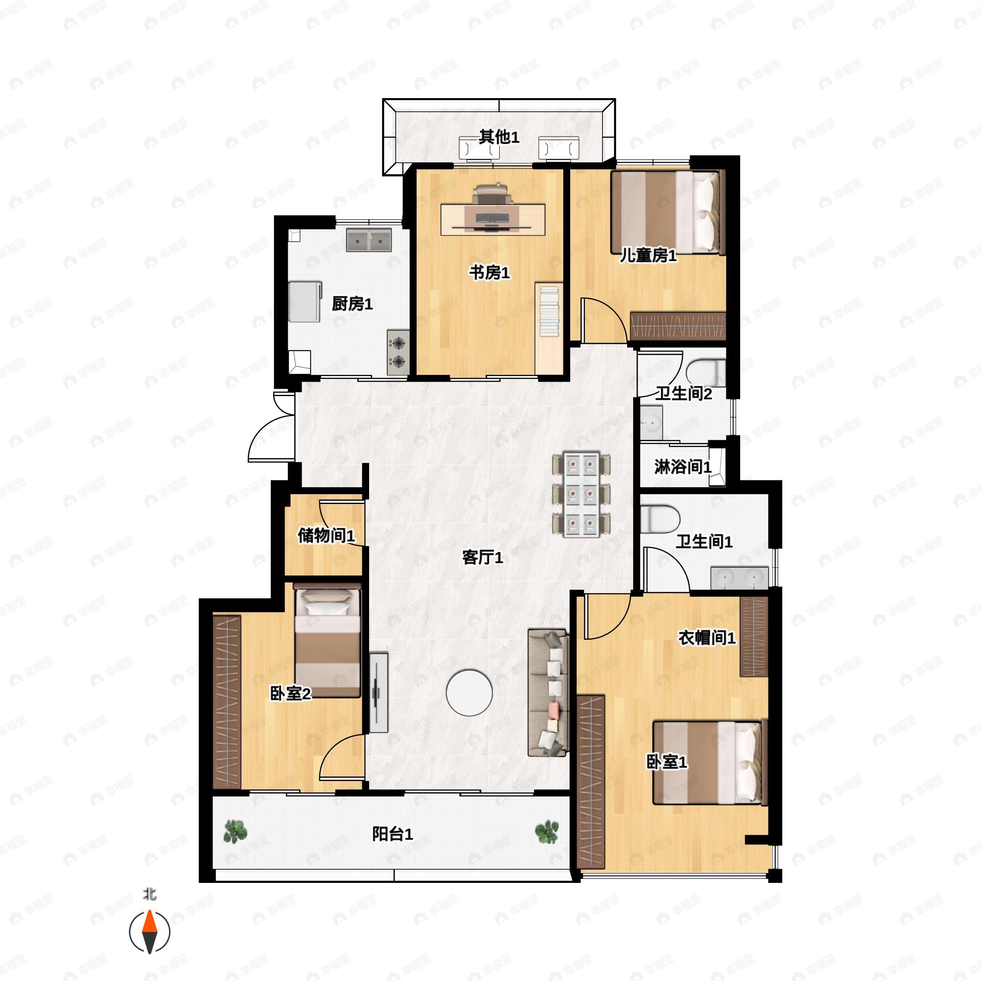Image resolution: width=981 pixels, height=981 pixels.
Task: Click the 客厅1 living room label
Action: click(482, 558)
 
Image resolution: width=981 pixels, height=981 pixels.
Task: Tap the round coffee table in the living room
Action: click(469, 692)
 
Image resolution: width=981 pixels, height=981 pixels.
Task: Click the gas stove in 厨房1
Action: click(398, 352)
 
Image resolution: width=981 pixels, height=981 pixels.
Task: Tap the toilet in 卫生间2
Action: click(706, 373)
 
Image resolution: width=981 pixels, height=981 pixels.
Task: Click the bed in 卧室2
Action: click(327, 643)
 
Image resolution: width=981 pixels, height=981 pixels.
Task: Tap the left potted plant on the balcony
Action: click(235, 832)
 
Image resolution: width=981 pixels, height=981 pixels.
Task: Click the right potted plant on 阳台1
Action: click(547, 832)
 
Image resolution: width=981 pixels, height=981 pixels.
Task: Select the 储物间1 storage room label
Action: click(326, 535)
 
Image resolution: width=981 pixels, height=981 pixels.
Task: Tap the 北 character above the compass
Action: click(149, 894)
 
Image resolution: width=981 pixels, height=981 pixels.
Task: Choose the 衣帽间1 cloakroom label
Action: click(707, 638)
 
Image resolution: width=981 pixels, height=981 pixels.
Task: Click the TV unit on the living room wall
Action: click(378, 692)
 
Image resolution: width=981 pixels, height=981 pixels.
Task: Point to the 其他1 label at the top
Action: click(499, 137)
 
